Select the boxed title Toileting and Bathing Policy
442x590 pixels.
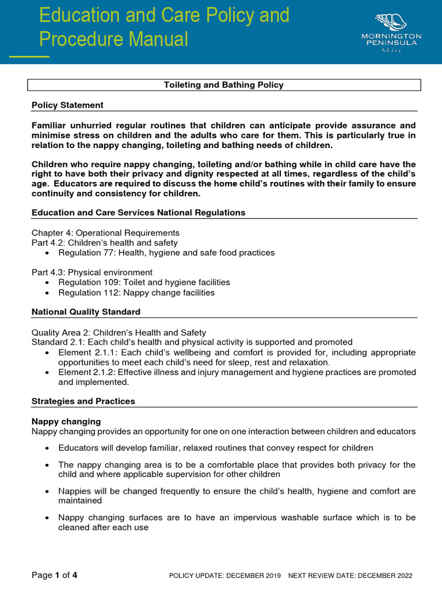(x=224, y=85)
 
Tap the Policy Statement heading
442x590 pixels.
(x=67, y=105)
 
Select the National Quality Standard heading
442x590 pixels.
(x=86, y=312)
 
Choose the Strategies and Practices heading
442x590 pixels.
(x=83, y=401)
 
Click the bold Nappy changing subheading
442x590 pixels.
(x=66, y=421)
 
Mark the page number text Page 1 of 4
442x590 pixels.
(x=54, y=575)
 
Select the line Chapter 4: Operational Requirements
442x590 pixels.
(x=105, y=233)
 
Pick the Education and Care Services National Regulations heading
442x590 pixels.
(x=138, y=213)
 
